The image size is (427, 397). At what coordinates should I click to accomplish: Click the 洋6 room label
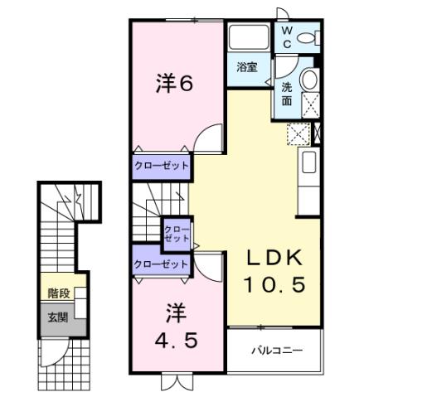(x=176, y=84)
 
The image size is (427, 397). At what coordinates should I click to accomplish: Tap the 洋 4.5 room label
(x=176, y=328)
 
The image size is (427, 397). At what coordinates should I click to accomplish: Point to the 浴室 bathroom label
(x=246, y=67)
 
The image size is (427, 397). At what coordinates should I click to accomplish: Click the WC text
(x=287, y=36)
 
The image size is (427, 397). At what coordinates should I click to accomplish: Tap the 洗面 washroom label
(x=286, y=93)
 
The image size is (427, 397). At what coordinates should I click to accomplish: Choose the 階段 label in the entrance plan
(x=58, y=292)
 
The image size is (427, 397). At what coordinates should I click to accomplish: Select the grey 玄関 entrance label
(x=57, y=317)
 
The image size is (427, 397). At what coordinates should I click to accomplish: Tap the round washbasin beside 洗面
(x=308, y=80)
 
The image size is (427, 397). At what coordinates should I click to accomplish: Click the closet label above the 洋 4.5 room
(x=162, y=264)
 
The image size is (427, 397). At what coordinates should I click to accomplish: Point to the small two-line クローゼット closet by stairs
(x=177, y=233)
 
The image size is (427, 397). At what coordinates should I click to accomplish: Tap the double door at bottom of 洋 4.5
(x=176, y=382)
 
